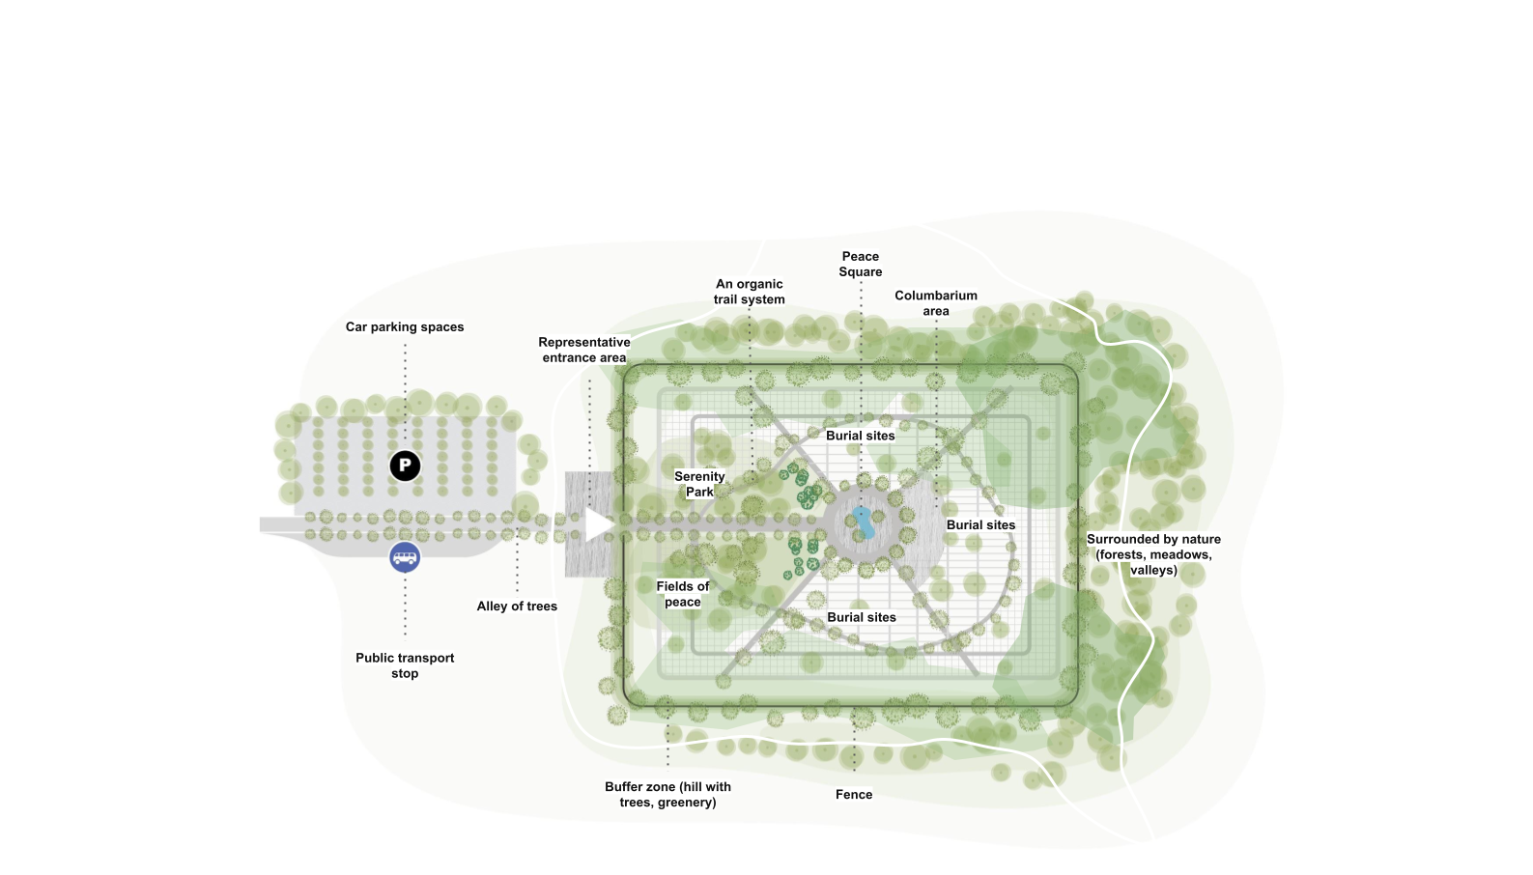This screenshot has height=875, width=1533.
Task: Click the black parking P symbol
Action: (x=405, y=466)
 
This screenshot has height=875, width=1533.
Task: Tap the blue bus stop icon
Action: (x=405, y=557)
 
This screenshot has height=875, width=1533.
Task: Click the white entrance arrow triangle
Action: (x=598, y=524)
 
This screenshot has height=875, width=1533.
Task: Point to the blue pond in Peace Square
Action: (x=863, y=522)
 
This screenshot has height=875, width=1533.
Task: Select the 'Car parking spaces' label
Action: (x=405, y=327)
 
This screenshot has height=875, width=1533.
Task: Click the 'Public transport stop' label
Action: (x=405, y=665)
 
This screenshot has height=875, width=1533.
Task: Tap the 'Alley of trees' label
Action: (x=517, y=607)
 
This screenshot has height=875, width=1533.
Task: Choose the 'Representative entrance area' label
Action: (x=584, y=350)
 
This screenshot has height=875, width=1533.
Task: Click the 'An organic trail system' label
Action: (x=750, y=292)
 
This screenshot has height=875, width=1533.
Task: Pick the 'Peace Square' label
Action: (x=861, y=264)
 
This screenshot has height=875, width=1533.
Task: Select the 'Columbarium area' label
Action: (x=936, y=303)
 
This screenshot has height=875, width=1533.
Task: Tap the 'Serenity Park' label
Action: (x=699, y=484)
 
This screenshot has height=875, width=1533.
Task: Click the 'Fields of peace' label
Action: (x=683, y=594)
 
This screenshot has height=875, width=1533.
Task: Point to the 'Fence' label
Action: (x=854, y=795)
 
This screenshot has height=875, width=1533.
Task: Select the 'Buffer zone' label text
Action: (x=667, y=794)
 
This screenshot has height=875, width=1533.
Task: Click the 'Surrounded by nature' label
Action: (x=1153, y=554)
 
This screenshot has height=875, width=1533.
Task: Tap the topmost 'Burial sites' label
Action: (x=861, y=436)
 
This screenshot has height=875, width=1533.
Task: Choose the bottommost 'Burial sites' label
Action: (x=862, y=617)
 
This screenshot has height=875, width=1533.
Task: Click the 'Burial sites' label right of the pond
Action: (x=981, y=525)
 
